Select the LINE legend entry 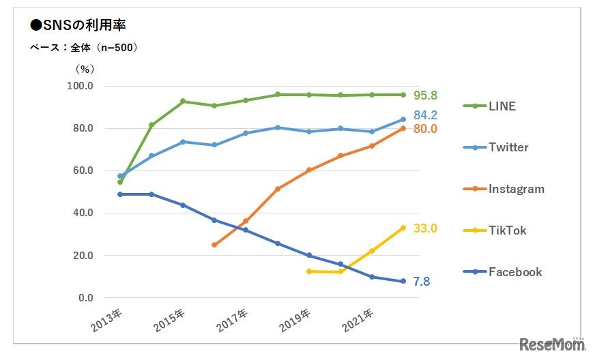pyautogui.click(x=502, y=106)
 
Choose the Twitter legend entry pyautogui.click(x=508, y=147)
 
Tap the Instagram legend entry pyautogui.click(x=516, y=189)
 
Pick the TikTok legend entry pyautogui.click(x=507, y=230)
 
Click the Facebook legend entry pyautogui.click(x=515, y=272)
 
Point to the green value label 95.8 pyautogui.click(x=424, y=95)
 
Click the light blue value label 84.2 pyautogui.click(x=424, y=115)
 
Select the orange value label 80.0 pyautogui.click(x=424, y=129)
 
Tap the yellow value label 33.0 pyautogui.click(x=424, y=228)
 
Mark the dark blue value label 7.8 pyautogui.click(x=421, y=282)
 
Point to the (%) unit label pyautogui.click(x=84, y=68)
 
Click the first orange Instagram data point pyautogui.click(x=214, y=245)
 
